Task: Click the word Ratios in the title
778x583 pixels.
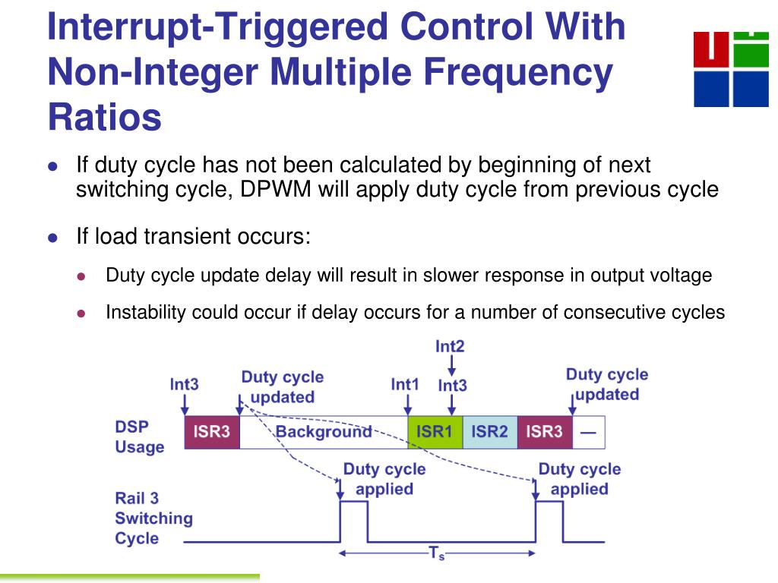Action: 105,118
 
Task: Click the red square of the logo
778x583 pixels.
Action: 711,49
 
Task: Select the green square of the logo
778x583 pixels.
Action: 751,49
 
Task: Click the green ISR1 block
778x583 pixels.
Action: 435,432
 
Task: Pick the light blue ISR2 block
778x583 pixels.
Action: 490,432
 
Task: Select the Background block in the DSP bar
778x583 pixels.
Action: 324,432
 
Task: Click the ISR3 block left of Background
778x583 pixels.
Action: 212,432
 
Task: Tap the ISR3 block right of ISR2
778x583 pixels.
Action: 545,432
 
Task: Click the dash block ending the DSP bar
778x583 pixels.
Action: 589,432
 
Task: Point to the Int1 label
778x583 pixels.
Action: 405,385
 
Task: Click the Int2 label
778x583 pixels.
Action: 450,346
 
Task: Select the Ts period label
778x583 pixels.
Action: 437,553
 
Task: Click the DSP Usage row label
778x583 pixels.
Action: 140,436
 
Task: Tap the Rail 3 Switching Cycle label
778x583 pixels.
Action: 153,518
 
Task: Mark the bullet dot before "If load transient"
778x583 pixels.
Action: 53,238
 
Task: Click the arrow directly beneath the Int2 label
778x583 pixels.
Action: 451,365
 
